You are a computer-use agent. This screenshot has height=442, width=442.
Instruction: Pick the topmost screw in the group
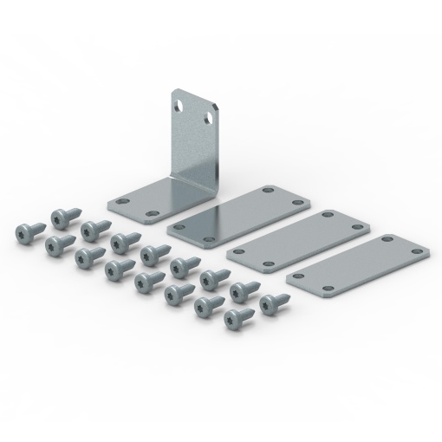[x=62, y=218]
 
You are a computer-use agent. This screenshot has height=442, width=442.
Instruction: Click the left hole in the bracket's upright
[x=179, y=103]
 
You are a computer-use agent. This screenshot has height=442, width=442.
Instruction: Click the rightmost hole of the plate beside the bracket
[x=298, y=203]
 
